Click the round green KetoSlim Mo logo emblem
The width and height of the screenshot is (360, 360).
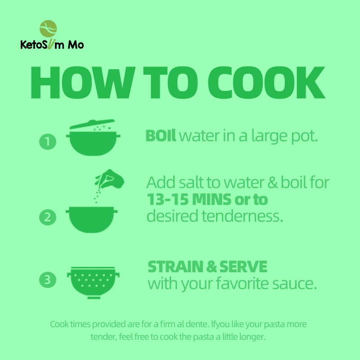(x=48, y=29)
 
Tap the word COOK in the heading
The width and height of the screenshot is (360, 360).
(x=266, y=83)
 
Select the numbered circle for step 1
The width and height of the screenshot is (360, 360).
(x=48, y=142)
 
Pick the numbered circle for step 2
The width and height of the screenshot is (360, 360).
(x=48, y=217)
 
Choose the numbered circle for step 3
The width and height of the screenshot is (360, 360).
(x=48, y=279)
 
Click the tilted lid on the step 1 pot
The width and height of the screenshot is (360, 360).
(x=92, y=124)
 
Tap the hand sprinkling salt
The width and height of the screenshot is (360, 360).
(x=110, y=179)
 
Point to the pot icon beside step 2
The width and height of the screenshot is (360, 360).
(x=92, y=220)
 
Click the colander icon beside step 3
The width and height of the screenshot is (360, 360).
(x=93, y=283)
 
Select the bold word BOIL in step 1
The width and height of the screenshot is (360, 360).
(x=161, y=136)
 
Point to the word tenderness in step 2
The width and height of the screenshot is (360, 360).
(x=243, y=216)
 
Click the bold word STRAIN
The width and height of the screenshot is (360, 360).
(x=175, y=266)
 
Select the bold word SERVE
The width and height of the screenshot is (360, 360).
(x=243, y=266)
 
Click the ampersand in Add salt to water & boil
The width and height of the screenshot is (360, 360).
(x=272, y=183)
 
